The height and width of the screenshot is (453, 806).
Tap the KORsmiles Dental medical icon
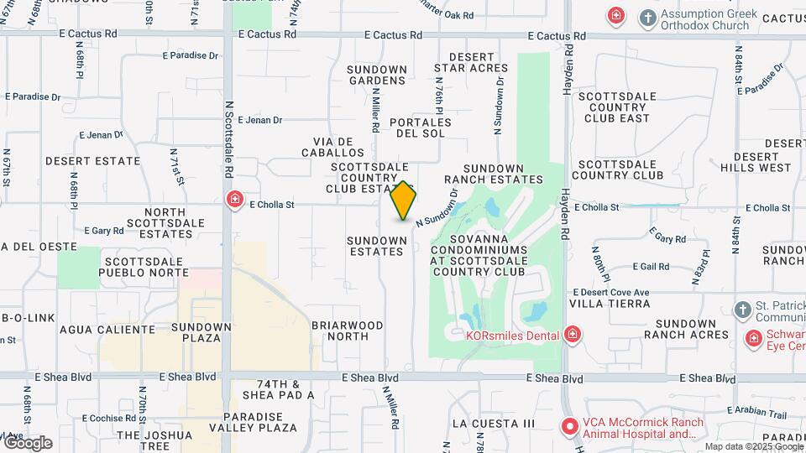573,335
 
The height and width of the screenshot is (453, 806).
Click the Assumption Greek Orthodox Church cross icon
647,18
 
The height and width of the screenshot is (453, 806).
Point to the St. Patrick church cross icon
741,310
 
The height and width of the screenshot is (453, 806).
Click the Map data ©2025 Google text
753,446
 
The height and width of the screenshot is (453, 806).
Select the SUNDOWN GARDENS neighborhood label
377,74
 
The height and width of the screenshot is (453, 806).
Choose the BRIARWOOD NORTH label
347,331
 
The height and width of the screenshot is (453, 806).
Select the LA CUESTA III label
493,424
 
